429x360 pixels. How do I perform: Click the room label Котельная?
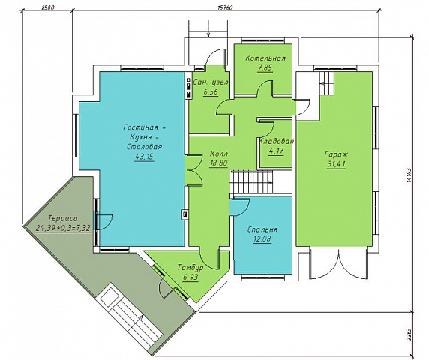[265, 58]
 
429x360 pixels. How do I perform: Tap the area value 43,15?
[144, 157]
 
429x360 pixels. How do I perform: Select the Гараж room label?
[336, 154]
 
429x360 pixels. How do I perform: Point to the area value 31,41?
[336, 164]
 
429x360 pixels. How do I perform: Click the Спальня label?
[262, 229]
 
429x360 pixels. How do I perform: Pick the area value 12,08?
[262, 238]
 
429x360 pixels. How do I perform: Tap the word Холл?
[219, 154]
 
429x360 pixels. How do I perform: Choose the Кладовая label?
[276, 142]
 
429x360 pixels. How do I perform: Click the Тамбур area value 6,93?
[190, 277]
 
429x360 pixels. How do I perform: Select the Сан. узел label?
[211, 82]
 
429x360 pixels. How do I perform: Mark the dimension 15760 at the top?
[225, 7]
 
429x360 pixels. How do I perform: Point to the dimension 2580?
[48, 7]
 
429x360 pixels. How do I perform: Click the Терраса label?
[63, 218]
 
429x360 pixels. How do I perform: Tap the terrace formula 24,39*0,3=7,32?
[63, 228]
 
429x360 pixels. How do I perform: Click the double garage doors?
[339, 264]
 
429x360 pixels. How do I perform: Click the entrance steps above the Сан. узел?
[208, 28]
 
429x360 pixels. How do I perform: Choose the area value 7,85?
[265, 67]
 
